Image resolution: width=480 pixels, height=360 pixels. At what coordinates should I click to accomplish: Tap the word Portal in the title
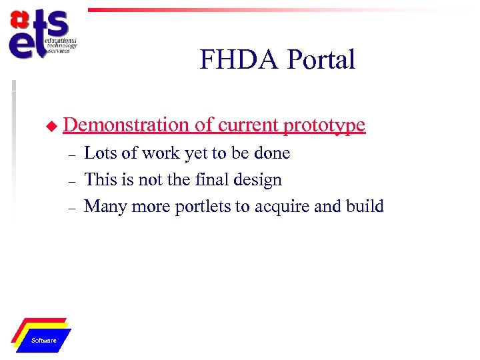click(x=321, y=60)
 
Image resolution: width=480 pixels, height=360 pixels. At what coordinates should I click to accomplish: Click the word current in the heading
click(x=246, y=125)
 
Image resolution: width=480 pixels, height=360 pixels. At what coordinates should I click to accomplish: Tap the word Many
click(x=103, y=207)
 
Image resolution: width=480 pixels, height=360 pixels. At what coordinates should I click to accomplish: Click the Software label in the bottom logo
click(x=44, y=341)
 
